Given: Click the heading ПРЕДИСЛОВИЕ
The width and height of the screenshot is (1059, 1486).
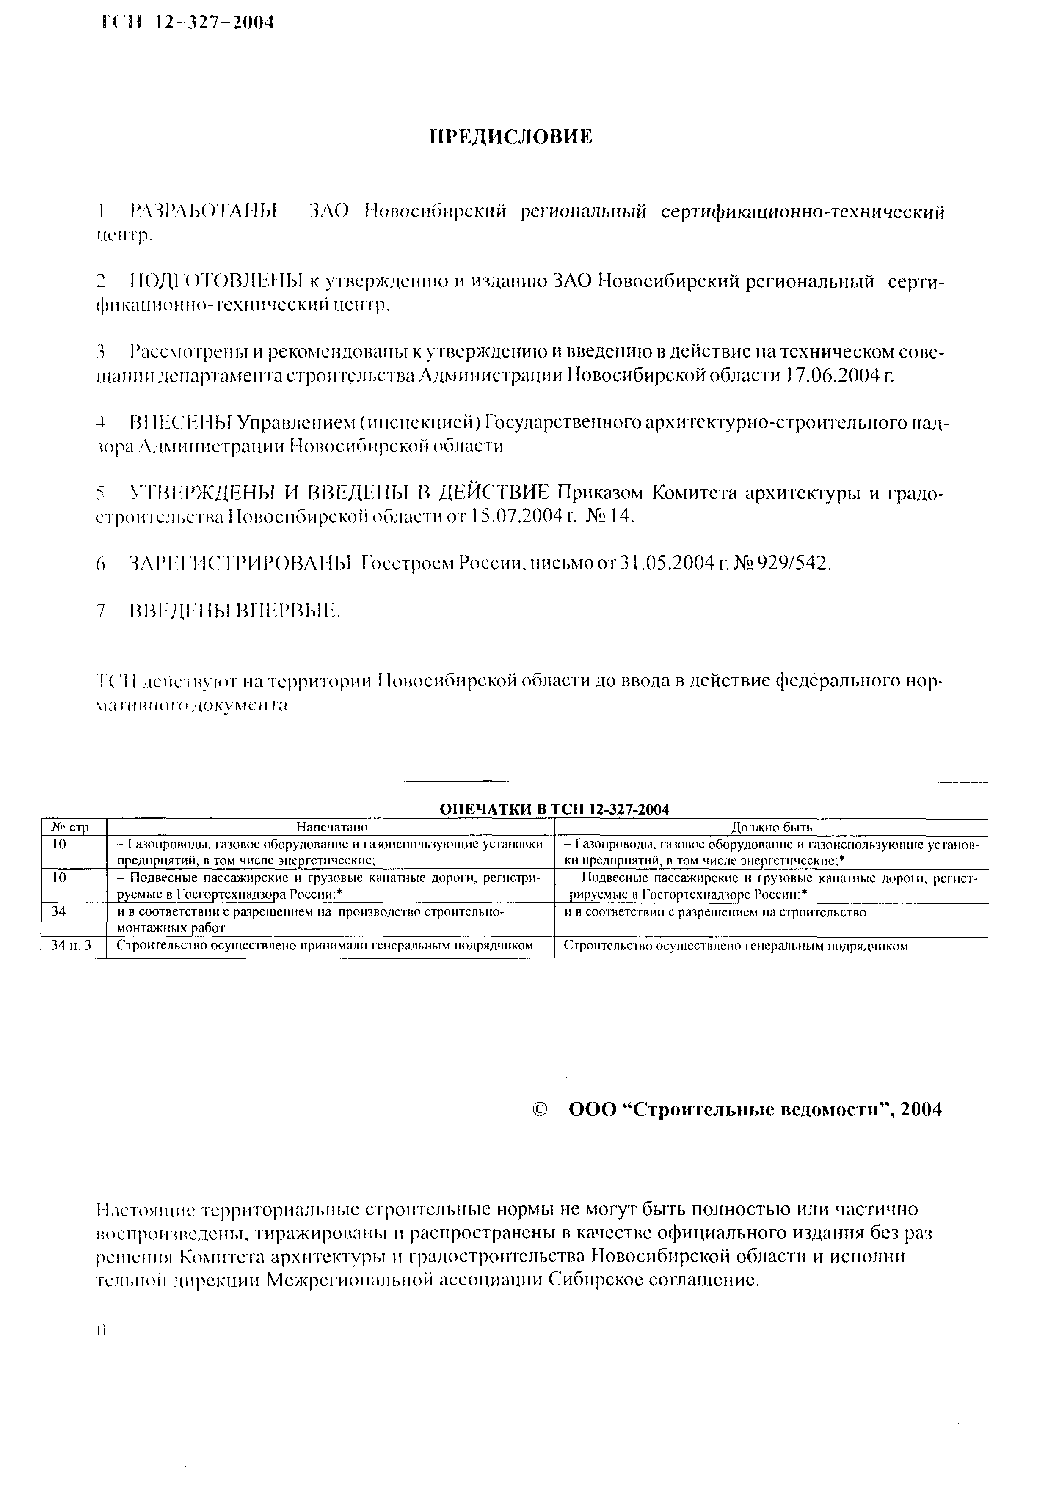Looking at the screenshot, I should (x=510, y=137).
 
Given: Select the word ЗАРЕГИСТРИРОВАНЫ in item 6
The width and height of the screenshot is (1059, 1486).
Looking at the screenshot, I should (x=240, y=563).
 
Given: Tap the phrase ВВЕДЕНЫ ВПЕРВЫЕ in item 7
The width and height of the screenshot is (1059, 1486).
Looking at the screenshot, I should (x=235, y=611).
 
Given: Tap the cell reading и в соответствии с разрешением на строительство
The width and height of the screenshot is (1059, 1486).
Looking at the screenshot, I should (x=715, y=912).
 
